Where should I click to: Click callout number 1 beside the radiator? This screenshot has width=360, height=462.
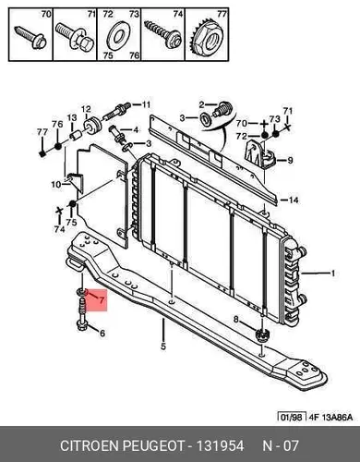332,274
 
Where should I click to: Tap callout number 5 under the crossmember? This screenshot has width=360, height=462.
163,346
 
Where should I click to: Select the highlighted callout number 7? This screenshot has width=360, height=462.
102,299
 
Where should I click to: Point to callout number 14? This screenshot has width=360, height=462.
294,201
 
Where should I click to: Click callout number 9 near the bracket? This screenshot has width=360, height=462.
290,160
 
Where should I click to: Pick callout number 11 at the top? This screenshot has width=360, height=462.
146,104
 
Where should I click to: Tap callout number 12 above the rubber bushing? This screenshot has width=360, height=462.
86,109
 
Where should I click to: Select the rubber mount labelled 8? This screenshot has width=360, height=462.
262,334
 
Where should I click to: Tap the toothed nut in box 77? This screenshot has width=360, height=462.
207,39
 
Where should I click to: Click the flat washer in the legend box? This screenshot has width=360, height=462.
118,36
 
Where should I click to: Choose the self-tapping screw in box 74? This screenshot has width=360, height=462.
162,35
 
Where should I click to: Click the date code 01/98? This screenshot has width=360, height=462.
292,418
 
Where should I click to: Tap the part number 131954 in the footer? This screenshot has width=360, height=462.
220,446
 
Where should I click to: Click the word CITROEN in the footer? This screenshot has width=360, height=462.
90,446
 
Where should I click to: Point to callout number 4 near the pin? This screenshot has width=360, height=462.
136,130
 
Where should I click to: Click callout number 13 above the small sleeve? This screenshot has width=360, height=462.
72,118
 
